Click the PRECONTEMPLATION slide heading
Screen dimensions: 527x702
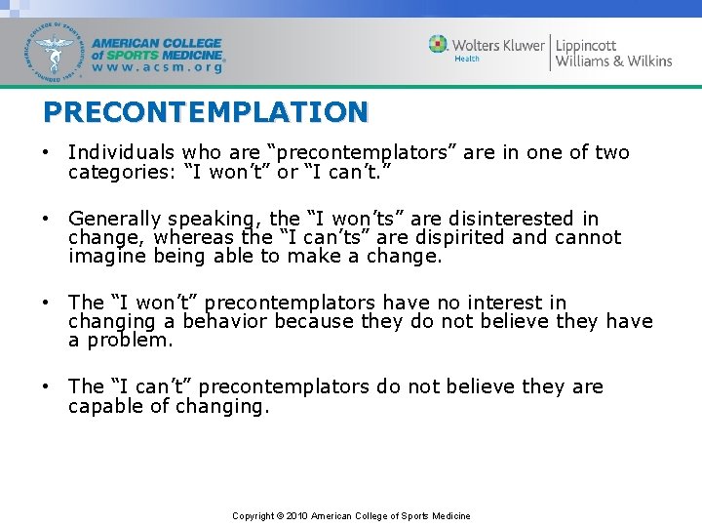(206, 112)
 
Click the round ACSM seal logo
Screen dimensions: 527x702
(56, 52)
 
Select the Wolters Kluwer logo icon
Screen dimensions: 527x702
(439, 44)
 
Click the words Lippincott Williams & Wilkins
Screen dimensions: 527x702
(613, 53)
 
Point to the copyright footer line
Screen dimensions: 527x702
(351, 515)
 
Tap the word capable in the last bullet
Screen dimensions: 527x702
(105, 406)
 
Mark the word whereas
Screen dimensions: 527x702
(194, 237)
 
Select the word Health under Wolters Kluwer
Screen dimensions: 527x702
(467, 60)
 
